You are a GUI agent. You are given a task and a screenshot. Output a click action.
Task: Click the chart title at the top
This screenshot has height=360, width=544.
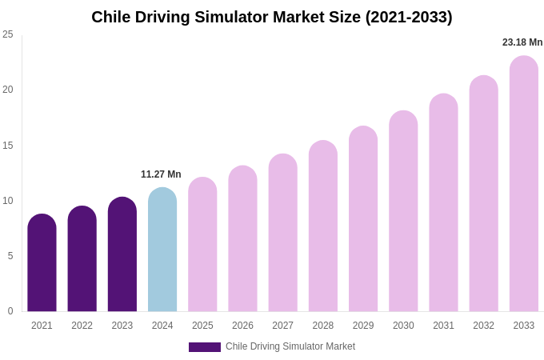pyautogui.click(x=272, y=17)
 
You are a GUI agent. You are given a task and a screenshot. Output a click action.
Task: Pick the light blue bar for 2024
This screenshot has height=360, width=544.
pyautogui.click(x=162, y=250)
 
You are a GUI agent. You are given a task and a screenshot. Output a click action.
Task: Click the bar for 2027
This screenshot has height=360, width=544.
pyautogui.click(x=282, y=233)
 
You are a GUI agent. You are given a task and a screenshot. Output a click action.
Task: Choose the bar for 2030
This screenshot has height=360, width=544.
pyautogui.click(x=403, y=211)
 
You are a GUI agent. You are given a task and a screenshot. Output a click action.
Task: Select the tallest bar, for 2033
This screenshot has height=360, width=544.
pyautogui.click(x=524, y=183)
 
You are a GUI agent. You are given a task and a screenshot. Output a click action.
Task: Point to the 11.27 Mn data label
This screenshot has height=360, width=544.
pyautogui.click(x=161, y=174)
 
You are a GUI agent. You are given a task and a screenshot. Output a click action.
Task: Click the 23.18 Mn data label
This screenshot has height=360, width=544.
pyautogui.click(x=522, y=42)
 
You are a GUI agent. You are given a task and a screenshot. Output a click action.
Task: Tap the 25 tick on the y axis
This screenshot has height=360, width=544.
pyautogui.click(x=8, y=34)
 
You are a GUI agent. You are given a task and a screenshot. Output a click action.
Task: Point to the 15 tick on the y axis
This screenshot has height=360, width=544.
pyautogui.click(x=8, y=146)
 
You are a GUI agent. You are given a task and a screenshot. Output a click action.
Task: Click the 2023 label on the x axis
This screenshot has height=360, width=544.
pyautogui.click(x=122, y=326)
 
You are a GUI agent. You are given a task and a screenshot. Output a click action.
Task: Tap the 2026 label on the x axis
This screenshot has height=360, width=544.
pyautogui.click(x=242, y=326)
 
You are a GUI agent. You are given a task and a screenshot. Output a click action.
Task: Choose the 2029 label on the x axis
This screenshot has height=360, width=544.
pyautogui.click(x=363, y=326)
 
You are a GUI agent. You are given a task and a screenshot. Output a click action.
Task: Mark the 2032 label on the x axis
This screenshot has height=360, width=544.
pyautogui.click(x=483, y=326)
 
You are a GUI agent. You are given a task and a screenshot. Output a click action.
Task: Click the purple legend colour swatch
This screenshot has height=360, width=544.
pyautogui.click(x=205, y=347)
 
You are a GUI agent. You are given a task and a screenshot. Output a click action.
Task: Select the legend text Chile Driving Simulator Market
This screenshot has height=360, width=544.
pyautogui.click(x=290, y=346)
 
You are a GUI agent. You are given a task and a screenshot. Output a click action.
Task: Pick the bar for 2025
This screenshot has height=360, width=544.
pyautogui.click(x=202, y=244)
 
